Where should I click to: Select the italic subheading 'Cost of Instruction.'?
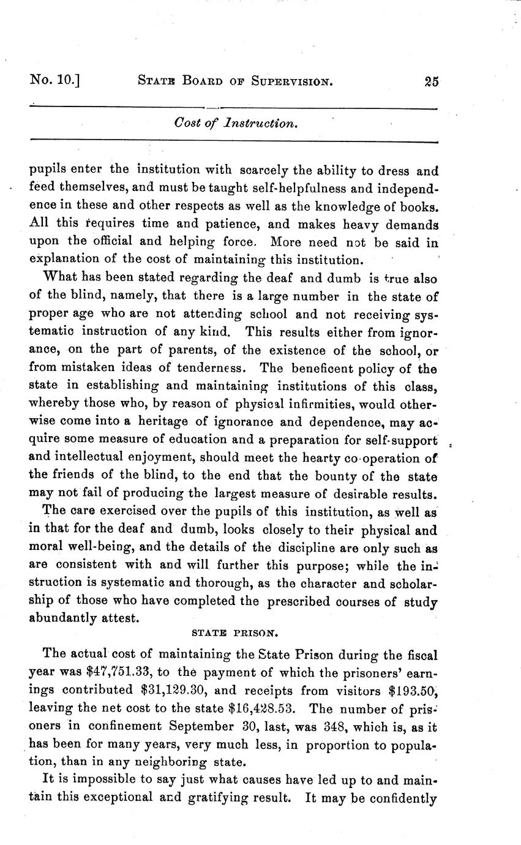pyautogui.click(x=236, y=123)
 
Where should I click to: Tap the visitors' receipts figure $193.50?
pyautogui.click(x=413, y=691)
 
